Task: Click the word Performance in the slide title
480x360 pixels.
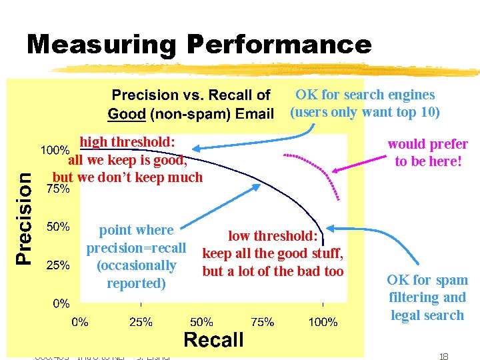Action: pyautogui.click(x=279, y=45)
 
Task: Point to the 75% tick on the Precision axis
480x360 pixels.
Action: pyautogui.click(x=57, y=189)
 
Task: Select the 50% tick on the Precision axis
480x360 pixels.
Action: pyautogui.click(x=57, y=227)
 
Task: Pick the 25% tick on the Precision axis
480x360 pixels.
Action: pyautogui.click(x=57, y=265)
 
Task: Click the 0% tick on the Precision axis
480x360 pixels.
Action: pyautogui.click(x=61, y=303)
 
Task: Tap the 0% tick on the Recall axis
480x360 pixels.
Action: pyautogui.click(x=80, y=322)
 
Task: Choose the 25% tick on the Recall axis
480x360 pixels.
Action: pyautogui.click(x=140, y=322)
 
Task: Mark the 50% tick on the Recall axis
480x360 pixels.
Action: pyautogui.click(x=201, y=322)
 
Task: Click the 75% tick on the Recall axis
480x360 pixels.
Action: pyautogui.click(x=262, y=322)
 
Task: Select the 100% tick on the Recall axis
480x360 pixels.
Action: pyautogui.click(x=323, y=322)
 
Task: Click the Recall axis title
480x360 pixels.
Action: pyautogui.click(x=213, y=340)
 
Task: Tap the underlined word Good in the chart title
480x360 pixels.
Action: pyautogui.click(x=127, y=113)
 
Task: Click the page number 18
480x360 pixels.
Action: pyautogui.click(x=443, y=357)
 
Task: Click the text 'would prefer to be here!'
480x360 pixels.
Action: pyautogui.click(x=427, y=153)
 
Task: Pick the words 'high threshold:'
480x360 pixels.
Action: pyautogui.click(x=127, y=142)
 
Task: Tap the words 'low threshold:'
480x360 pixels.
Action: pyautogui.click(x=273, y=235)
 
